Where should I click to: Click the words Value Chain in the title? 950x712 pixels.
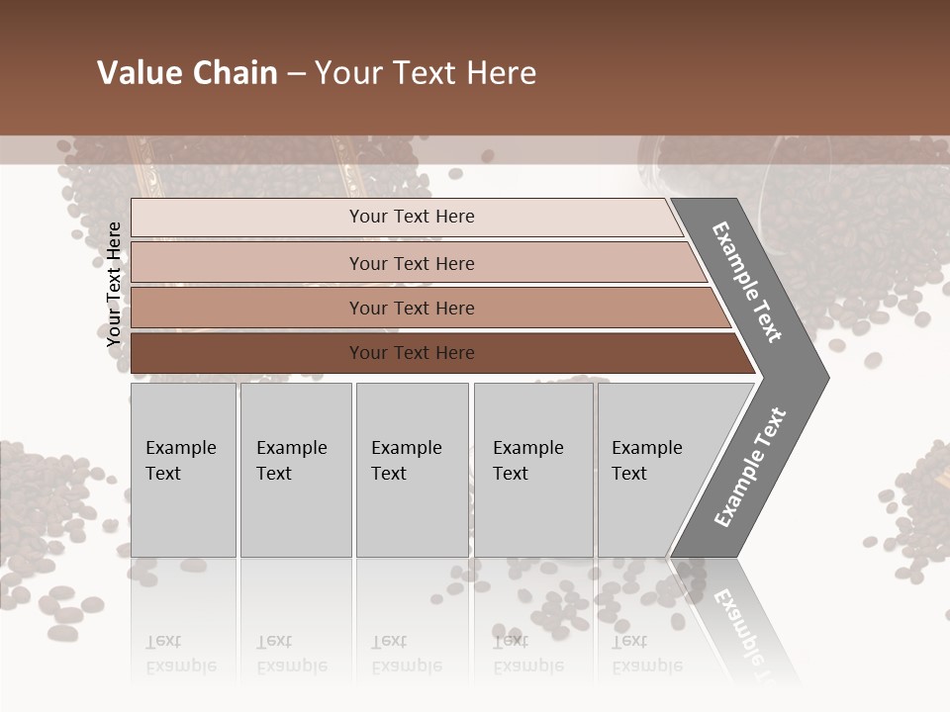(187, 73)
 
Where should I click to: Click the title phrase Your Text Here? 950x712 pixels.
(426, 73)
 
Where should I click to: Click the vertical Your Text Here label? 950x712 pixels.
(115, 284)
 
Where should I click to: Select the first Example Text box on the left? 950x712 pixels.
(183, 470)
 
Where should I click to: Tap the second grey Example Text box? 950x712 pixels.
(295, 470)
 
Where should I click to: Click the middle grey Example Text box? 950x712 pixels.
(412, 470)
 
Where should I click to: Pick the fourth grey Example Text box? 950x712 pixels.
(532, 470)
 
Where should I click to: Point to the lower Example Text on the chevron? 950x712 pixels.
(750, 467)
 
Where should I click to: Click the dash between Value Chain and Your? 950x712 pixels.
(296, 74)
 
